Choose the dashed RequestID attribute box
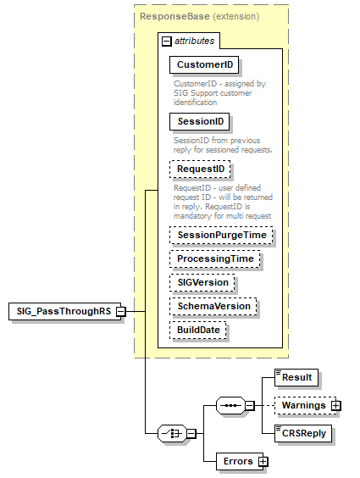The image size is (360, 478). pyautogui.click(x=199, y=170)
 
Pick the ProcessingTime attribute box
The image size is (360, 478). pyautogui.click(x=214, y=258)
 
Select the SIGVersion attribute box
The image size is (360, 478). pyautogui.click(x=202, y=282)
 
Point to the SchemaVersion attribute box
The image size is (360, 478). pyautogui.click(x=212, y=306)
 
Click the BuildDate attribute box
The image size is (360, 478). pyautogui.click(x=198, y=330)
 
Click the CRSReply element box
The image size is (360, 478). pyautogui.click(x=303, y=434)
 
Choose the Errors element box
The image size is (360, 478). pyautogui.click(x=237, y=461)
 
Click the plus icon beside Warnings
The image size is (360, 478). pyautogui.click(x=336, y=405)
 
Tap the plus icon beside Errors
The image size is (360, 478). pyautogui.click(x=263, y=461)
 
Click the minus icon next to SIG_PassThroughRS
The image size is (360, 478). pyautogui.click(x=121, y=311)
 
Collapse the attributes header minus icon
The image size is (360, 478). pyautogui.click(x=167, y=40)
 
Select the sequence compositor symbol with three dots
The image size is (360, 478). pyautogui.click(x=230, y=405)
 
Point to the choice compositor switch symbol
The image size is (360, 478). pyautogui.click(x=173, y=433)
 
